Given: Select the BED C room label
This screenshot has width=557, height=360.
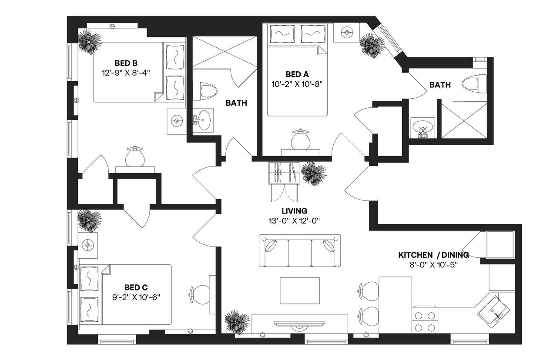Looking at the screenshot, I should click(136, 287).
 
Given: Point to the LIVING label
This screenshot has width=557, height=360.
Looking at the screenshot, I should click(294, 211).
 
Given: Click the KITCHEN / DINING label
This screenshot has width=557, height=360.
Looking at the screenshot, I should click(433, 255).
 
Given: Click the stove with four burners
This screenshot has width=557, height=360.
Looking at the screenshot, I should click(425, 321).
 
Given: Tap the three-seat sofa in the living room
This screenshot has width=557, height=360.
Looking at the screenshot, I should click(300, 251).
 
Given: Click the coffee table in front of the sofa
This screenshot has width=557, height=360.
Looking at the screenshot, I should click(299, 291).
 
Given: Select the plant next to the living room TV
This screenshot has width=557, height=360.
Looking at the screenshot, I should click(237, 322).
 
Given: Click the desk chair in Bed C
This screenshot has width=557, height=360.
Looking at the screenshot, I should click(200, 294).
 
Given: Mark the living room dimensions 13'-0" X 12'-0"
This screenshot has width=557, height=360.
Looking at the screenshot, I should click(294, 220).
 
